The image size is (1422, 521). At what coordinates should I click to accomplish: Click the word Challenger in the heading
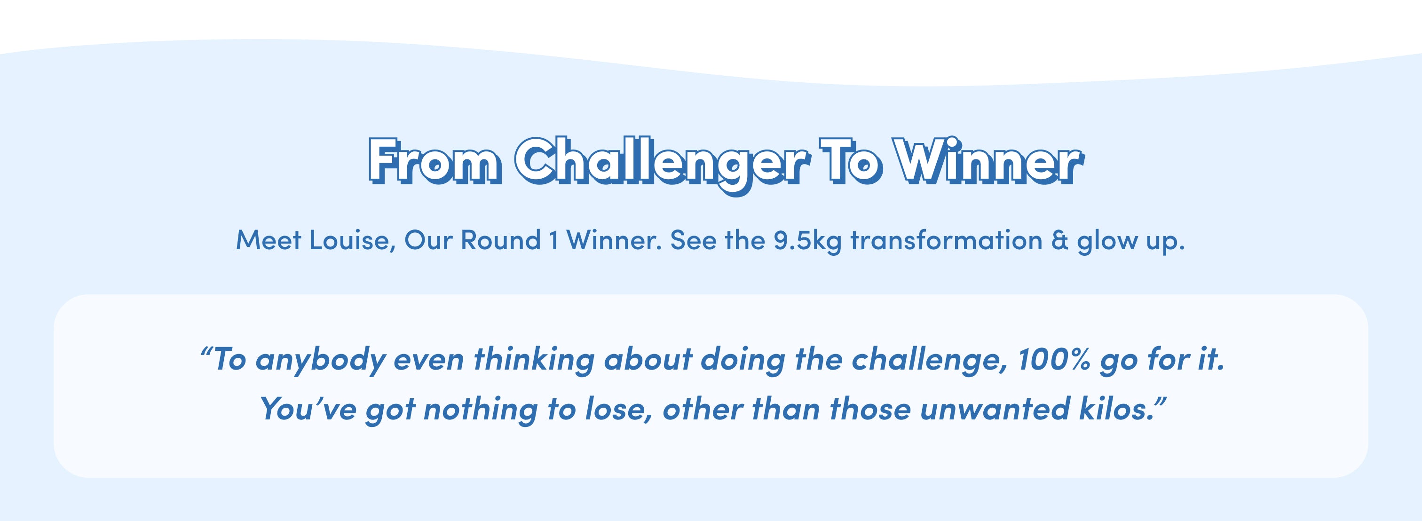[x=663, y=165]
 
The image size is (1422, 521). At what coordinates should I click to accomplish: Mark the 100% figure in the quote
[x=1054, y=359]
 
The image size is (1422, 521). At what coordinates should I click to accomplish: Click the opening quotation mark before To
[x=206, y=351]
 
